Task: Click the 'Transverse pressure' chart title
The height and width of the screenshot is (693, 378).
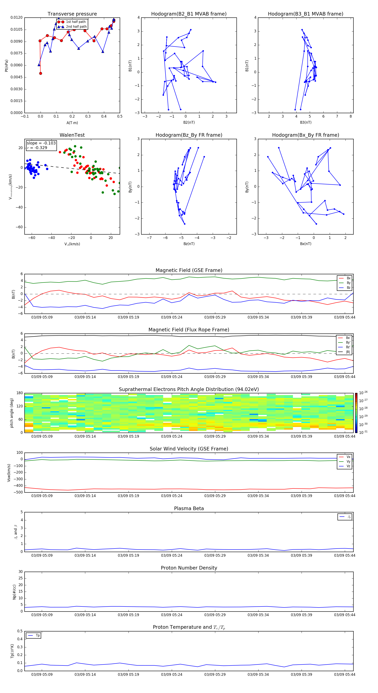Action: pyautogui.click(x=72, y=14)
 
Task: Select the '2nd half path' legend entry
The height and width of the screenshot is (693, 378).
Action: pyautogui.click(x=76, y=27)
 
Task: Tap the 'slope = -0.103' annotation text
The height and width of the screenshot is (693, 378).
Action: pyautogui.click(x=41, y=143)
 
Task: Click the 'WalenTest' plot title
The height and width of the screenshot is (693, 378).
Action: pyautogui.click(x=72, y=135)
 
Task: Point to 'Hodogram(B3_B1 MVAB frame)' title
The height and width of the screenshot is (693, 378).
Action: pyautogui.click(x=305, y=14)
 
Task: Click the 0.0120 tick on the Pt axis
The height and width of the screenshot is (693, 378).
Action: pyautogui.click(x=17, y=17)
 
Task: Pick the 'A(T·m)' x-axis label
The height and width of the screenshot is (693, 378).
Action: pyautogui.click(x=72, y=123)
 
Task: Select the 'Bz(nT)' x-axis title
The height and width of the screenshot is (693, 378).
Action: pyautogui.click(x=189, y=244)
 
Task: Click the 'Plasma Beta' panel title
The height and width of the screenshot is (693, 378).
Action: pyautogui.click(x=189, y=508)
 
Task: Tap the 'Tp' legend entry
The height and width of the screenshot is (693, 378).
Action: pyautogui.click(x=38, y=635)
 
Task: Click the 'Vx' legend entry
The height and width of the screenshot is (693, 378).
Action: pyautogui.click(x=348, y=457)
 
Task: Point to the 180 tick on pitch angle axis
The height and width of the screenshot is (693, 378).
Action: pyautogui.click(x=20, y=393)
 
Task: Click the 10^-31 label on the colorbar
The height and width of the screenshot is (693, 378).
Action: pyautogui.click(x=363, y=432)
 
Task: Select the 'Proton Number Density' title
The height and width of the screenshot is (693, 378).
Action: pyautogui.click(x=189, y=568)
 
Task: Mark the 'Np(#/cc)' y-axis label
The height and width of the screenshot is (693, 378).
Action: pyautogui.click(x=14, y=592)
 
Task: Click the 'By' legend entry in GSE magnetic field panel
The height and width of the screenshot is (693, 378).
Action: pyautogui.click(x=348, y=283)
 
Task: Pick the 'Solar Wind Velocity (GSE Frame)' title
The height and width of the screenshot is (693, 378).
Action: pyautogui.click(x=189, y=449)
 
